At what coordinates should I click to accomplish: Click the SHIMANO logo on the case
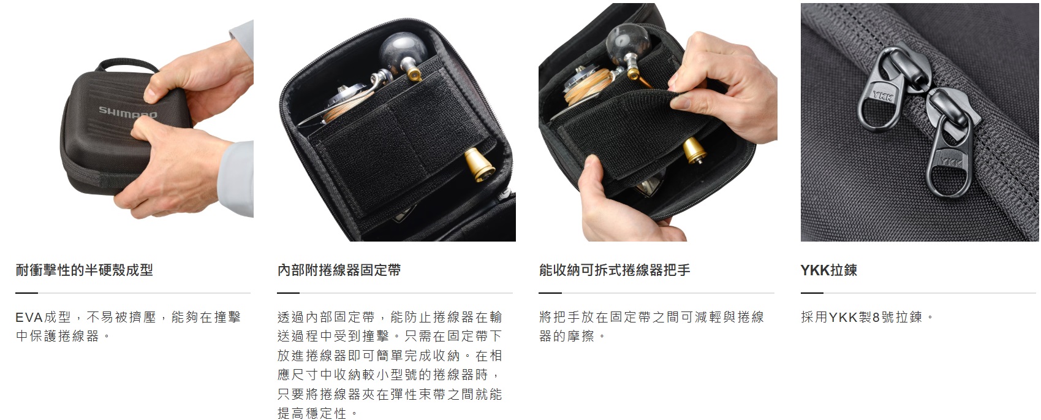tap(127, 112)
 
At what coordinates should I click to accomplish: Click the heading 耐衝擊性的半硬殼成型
tap(84, 270)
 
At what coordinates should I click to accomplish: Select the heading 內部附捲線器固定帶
tap(339, 270)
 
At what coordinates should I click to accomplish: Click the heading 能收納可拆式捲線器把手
tap(615, 270)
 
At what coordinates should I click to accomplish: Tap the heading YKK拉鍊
tap(828, 270)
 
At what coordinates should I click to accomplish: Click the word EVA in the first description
tap(29, 317)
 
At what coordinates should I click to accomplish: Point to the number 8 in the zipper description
tap(876, 317)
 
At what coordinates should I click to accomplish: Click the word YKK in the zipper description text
tap(842, 317)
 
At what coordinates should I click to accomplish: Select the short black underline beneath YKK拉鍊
tap(812, 293)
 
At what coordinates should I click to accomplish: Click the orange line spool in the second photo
tap(344, 109)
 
